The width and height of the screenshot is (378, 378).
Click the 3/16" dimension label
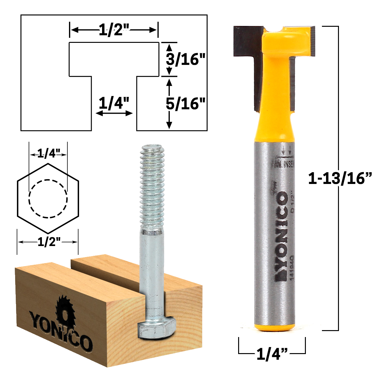pyautogui.click(x=186, y=59)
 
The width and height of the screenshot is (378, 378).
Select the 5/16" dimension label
pyautogui.click(x=186, y=103)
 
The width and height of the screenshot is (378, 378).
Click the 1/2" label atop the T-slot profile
pyautogui.click(x=114, y=30)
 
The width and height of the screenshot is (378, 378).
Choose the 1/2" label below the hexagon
pyautogui.click(x=48, y=242)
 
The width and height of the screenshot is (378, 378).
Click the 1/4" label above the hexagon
pyautogui.click(x=48, y=154)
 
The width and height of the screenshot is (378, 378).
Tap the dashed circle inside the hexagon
pyautogui.click(x=48, y=198)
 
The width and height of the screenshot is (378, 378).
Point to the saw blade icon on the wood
pyautogui.click(x=64, y=310)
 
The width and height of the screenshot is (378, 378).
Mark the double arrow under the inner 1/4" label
pyautogui.click(x=114, y=113)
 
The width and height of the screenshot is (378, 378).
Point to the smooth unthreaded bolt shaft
pyautogui.click(x=152, y=271)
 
